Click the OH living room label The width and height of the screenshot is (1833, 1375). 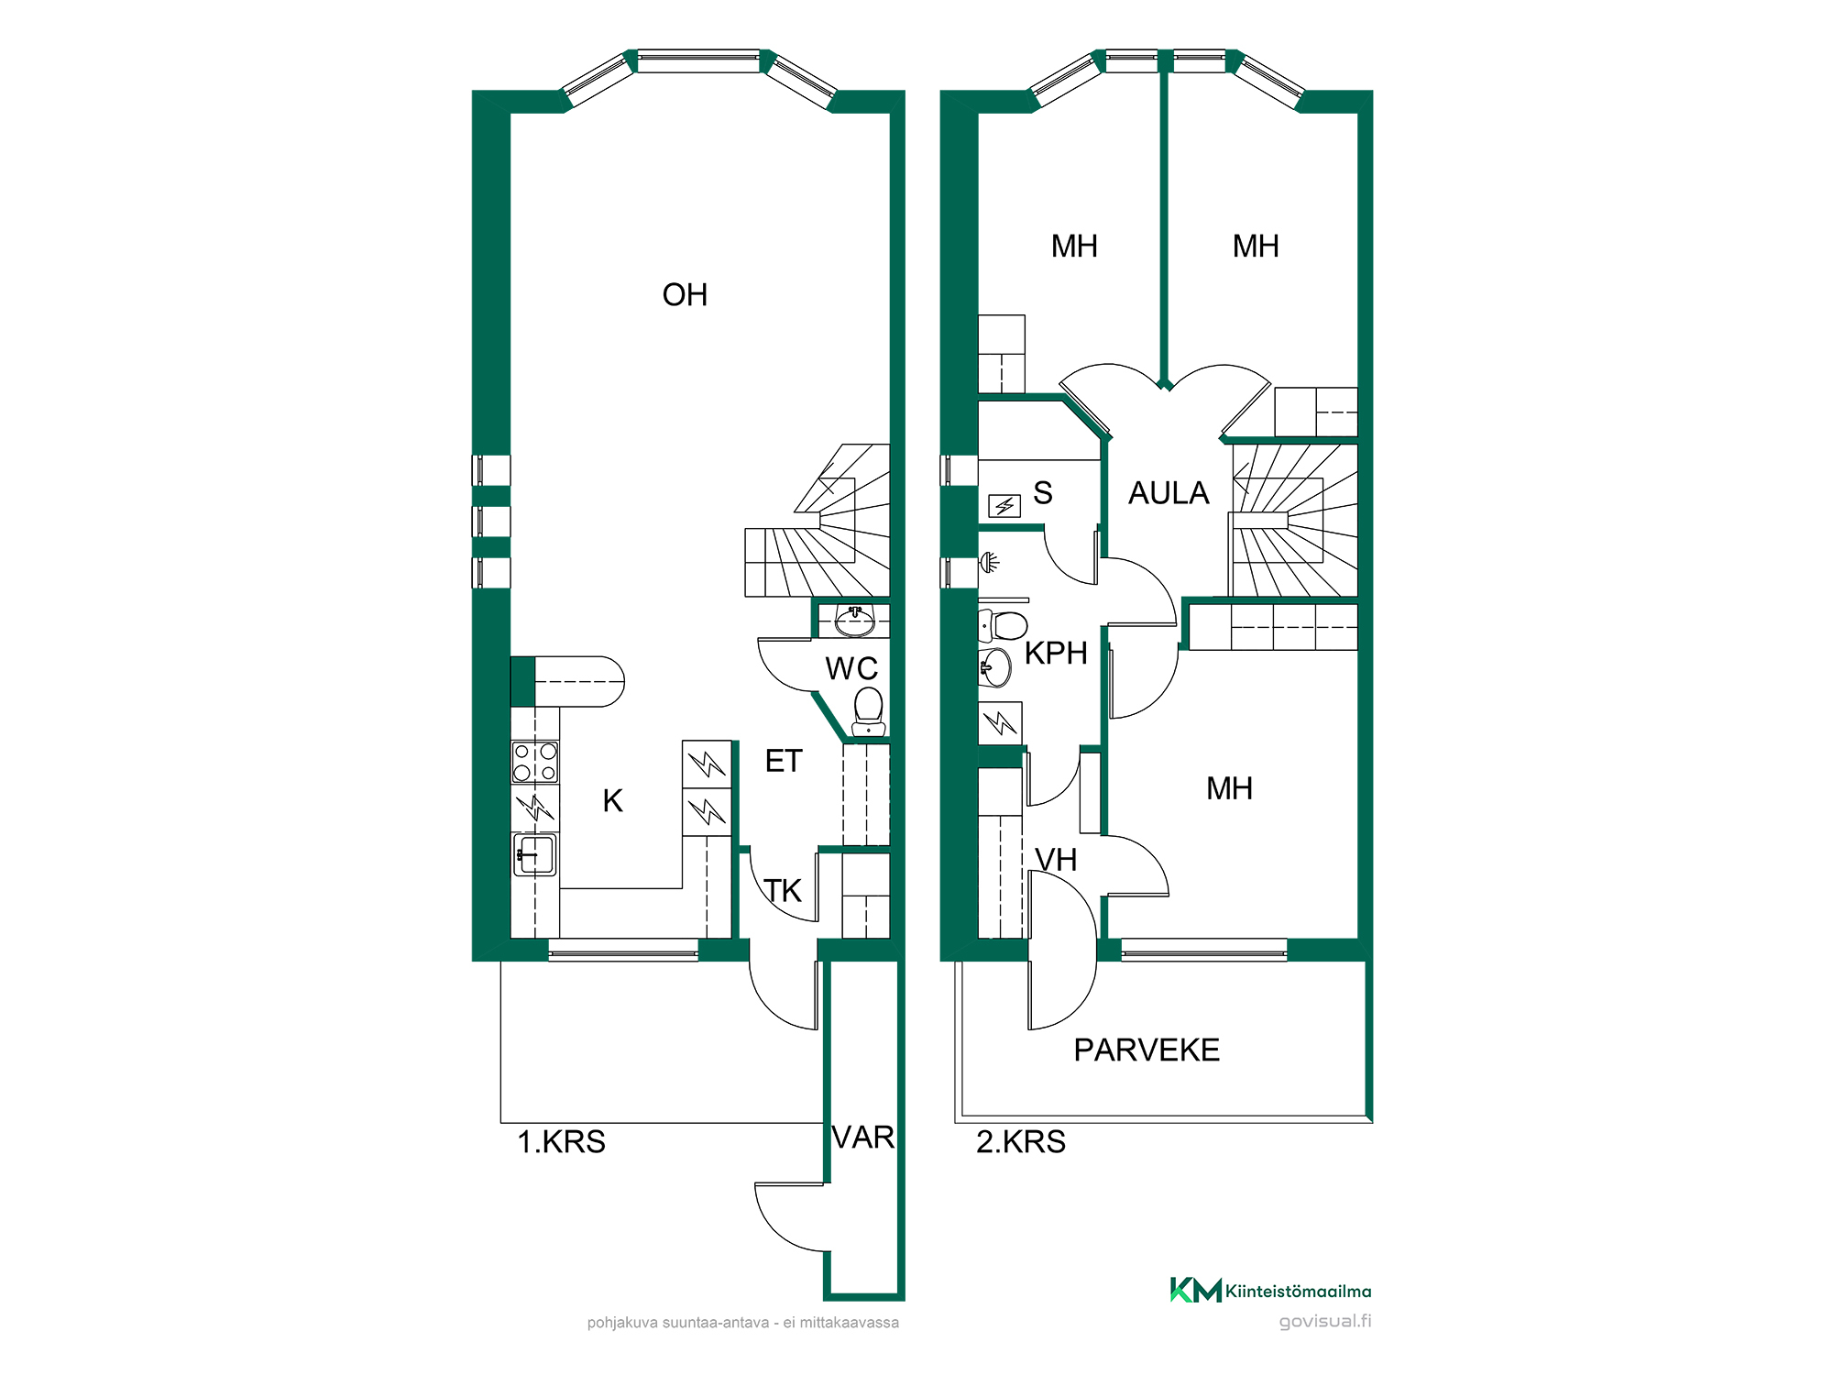click(x=685, y=295)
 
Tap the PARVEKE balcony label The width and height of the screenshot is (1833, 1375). click(x=1147, y=1050)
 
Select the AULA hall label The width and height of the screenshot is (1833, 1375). click(x=1169, y=493)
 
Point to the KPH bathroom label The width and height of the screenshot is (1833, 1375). click(x=1056, y=654)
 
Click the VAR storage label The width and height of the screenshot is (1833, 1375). click(x=863, y=1138)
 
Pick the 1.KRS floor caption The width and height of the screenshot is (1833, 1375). click(x=562, y=1142)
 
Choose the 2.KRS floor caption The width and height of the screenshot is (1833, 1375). click(x=1021, y=1142)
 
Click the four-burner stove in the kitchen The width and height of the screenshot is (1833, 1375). click(x=535, y=762)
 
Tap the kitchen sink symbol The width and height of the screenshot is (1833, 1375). click(x=535, y=854)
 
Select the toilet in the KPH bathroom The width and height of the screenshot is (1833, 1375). click(x=1004, y=625)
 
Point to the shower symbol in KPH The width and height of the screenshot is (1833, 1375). click(x=989, y=562)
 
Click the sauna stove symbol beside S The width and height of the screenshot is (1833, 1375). click(x=1004, y=506)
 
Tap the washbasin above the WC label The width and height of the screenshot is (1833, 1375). click(x=855, y=621)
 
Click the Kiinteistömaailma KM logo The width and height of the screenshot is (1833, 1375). click(x=1270, y=1291)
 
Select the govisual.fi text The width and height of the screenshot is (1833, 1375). click(x=1325, y=1321)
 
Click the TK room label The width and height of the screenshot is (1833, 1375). click(x=783, y=891)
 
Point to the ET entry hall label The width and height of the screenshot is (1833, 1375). click(x=784, y=761)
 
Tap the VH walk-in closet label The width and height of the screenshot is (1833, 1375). click(x=1056, y=860)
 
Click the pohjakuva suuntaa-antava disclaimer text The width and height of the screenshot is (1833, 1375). click(x=743, y=1323)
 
